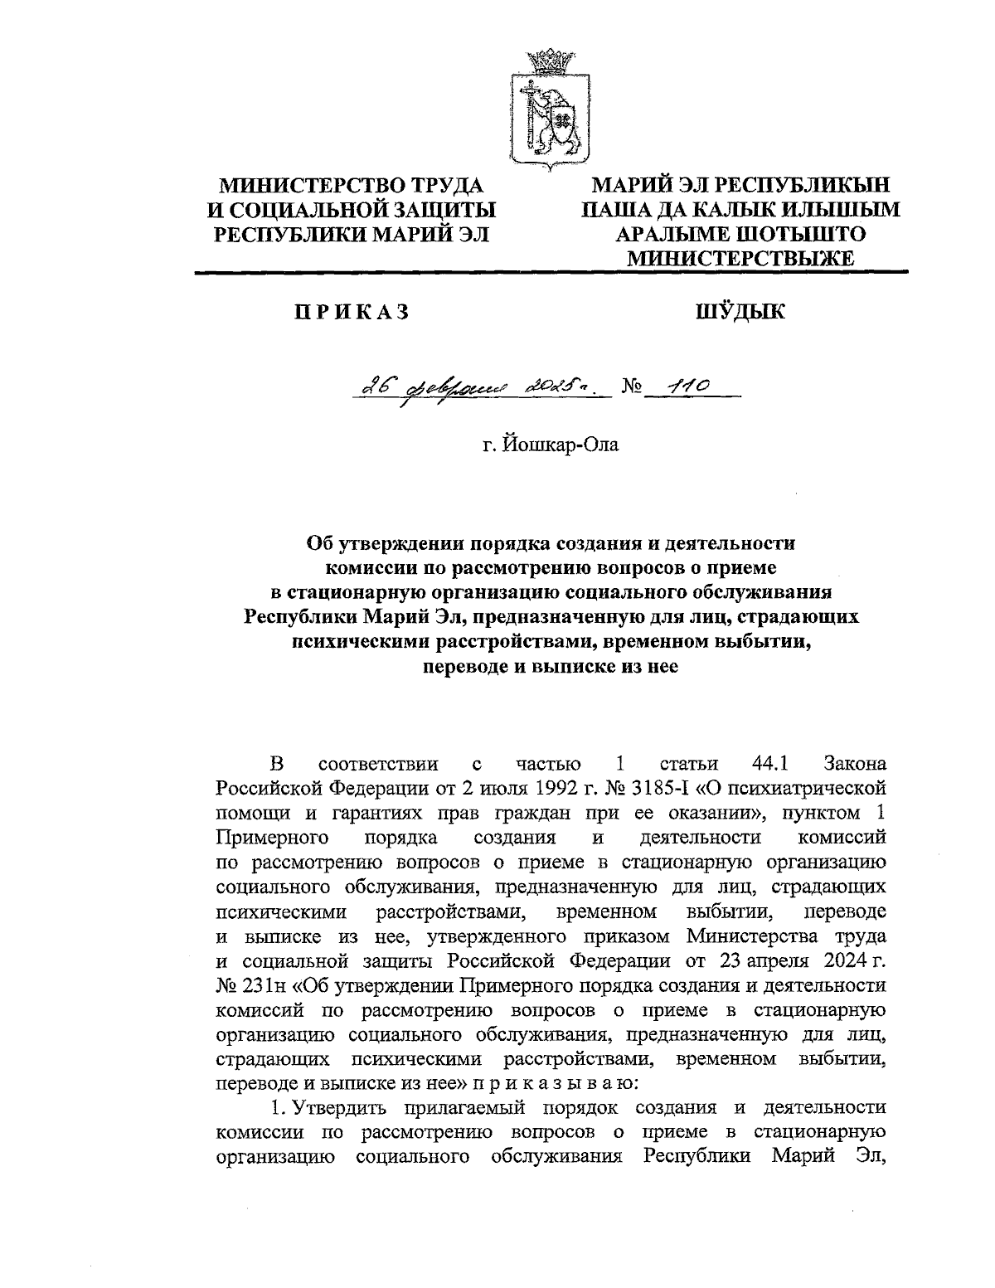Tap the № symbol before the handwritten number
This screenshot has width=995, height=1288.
click(632, 388)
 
